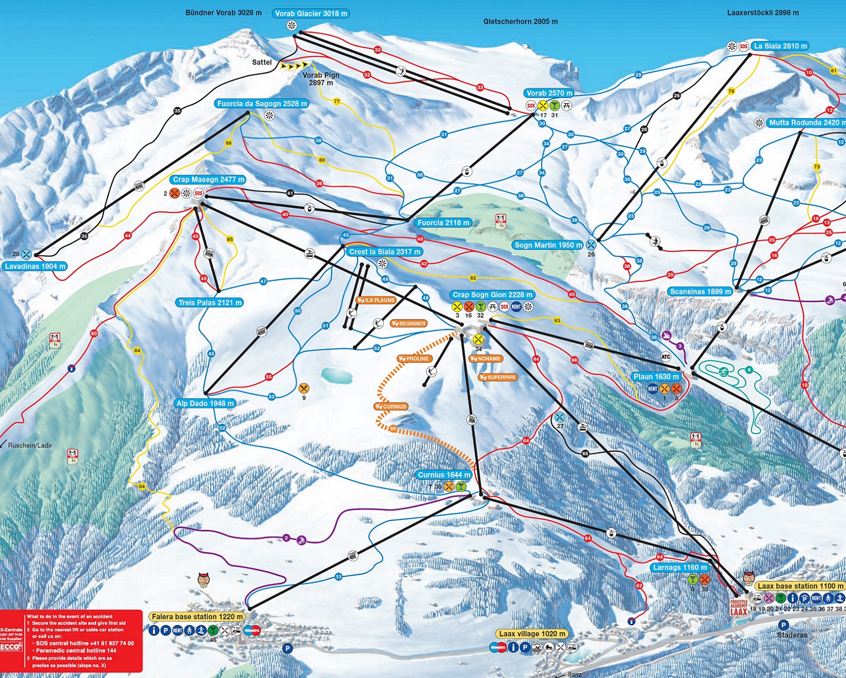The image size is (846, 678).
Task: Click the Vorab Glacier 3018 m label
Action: point(310,13)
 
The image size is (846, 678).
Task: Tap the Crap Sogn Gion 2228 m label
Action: point(492,294)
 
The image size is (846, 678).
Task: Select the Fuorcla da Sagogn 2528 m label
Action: point(262,103)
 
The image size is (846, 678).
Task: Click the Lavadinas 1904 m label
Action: point(35,266)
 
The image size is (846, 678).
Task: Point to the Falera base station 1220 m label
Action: point(197,617)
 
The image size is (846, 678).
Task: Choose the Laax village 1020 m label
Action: point(532,634)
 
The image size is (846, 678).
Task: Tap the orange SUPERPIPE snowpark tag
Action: point(498,377)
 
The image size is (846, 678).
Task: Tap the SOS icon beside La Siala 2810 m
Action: point(743,46)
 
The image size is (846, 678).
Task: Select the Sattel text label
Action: point(261,62)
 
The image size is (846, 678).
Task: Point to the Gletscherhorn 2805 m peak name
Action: point(520,22)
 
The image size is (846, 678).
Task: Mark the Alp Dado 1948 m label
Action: point(206,403)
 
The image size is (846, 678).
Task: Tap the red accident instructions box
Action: point(71,640)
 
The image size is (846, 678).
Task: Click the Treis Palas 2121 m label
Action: point(210,303)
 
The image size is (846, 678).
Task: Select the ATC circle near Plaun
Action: point(666,357)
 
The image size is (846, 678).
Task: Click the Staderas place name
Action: point(792,635)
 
